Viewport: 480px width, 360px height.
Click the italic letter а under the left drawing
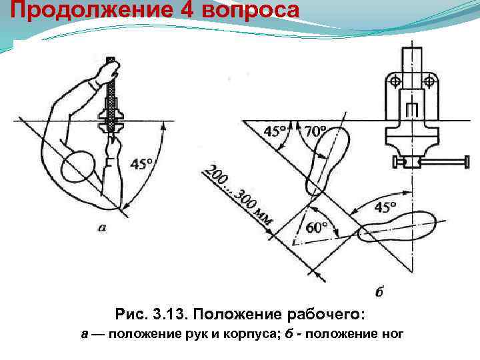point(101,227)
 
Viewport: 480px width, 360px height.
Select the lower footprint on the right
point(397,225)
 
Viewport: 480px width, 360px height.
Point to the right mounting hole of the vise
point(431,81)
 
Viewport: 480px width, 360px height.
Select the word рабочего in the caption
point(329,314)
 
